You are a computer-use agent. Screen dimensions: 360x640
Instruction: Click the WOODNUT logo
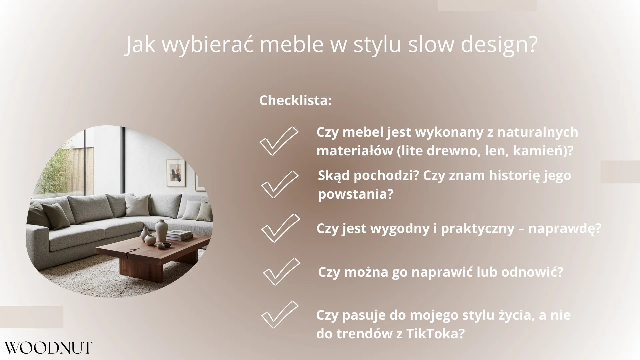(x=48, y=348)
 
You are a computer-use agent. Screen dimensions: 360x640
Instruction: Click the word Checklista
(x=295, y=100)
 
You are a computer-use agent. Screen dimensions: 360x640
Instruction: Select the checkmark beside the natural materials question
(x=279, y=141)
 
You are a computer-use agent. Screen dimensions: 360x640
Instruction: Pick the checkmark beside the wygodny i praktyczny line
(x=280, y=228)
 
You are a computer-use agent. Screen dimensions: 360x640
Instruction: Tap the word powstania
(x=356, y=194)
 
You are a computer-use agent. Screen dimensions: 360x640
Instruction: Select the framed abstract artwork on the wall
(x=175, y=172)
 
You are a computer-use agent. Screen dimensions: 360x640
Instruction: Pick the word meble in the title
(x=292, y=44)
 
